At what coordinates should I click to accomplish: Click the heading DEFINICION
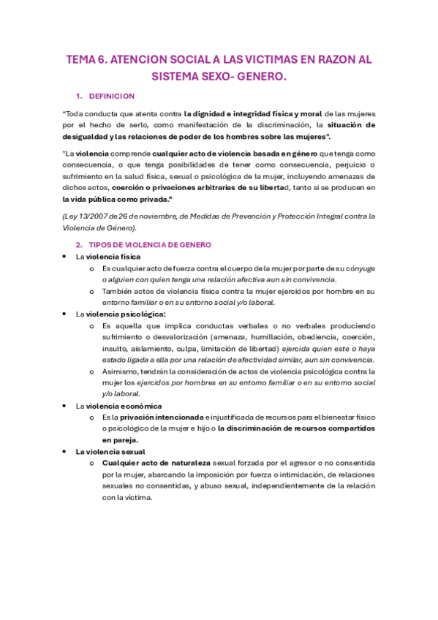[111, 96]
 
